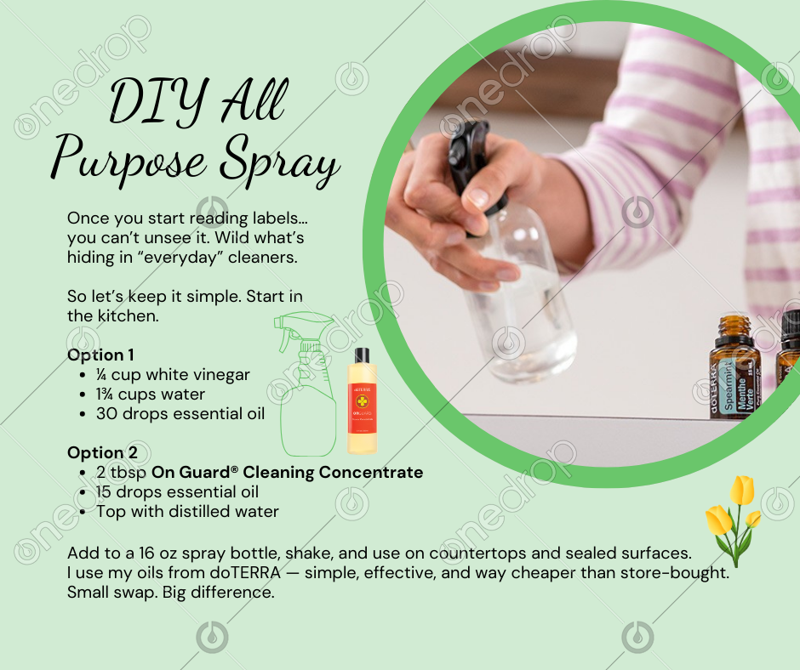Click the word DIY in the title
[158, 101]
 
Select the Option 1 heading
[100, 355]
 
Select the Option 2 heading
[102, 453]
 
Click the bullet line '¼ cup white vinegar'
[173, 375]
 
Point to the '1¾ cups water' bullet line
[151, 395]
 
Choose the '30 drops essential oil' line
[180, 413]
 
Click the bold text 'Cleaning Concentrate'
[333, 472]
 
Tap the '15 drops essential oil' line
[177, 492]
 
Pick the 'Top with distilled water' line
[188, 511]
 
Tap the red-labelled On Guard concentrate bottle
[363, 401]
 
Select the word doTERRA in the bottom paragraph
[245, 572]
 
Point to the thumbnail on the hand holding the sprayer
[478, 196]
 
